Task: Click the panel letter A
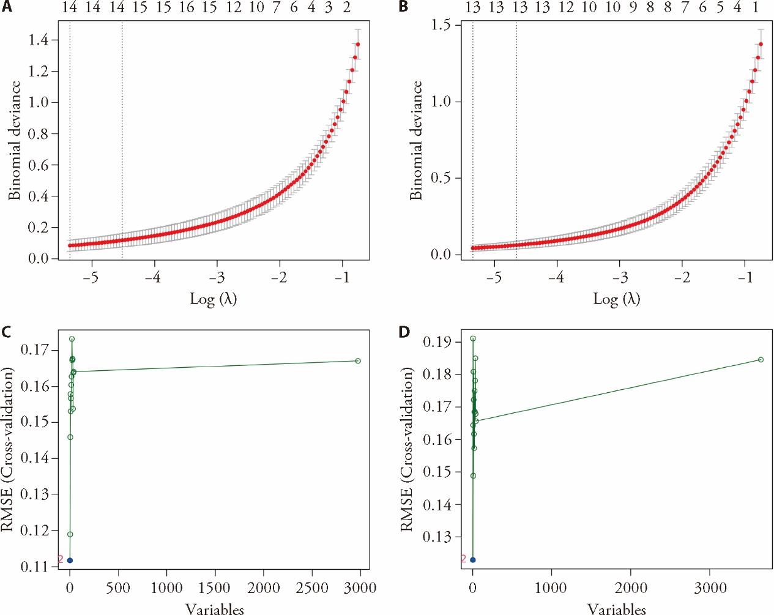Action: tap(7, 7)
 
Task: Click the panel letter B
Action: tap(404, 7)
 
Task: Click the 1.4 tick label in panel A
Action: tap(39, 40)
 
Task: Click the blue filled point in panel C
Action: tap(70, 560)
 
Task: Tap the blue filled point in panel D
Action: tap(472, 560)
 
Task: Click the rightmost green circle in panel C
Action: tap(358, 361)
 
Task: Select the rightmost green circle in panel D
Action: tap(761, 360)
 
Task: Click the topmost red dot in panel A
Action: tap(357, 44)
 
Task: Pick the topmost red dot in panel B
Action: tap(761, 44)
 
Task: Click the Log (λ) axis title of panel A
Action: tap(213, 299)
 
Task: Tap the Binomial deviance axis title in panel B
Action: tap(417, 140)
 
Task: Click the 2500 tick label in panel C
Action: tap(312, 588)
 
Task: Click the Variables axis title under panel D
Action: tap(616, 609)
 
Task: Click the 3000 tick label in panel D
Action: tap(710, 588)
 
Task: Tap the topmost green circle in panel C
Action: tap(72, 339)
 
